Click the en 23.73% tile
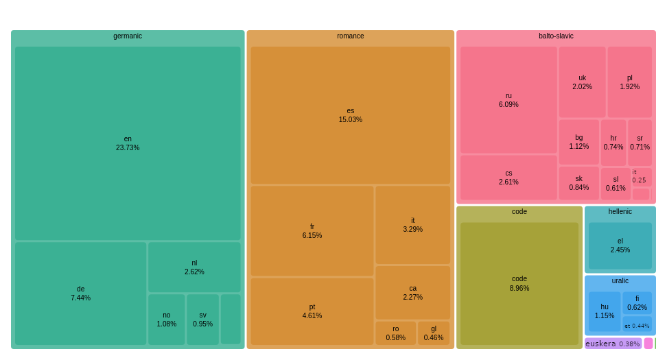128,143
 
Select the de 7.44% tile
80,293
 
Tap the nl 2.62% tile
194,267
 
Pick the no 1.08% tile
166,319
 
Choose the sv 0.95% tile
202,319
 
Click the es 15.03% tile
350,115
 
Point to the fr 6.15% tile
312,230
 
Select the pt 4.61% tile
312,311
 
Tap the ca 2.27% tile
412,292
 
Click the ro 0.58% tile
395,333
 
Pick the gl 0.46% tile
433,333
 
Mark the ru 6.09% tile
508,100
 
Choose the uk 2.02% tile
582,82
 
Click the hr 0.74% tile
613,142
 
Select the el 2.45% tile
620,245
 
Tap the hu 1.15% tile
604,311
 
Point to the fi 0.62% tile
637,302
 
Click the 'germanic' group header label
128,36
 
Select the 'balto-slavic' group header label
556,36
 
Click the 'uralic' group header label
620,281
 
